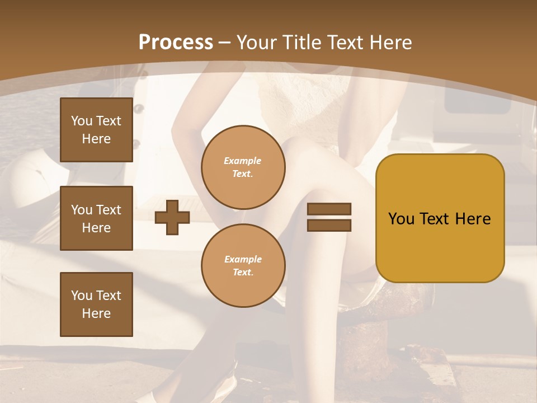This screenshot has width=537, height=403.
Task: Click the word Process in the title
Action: pyautogui.click(x=176, y=43)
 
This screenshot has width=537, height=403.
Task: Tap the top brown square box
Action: pyautogui.click(x=96, y=130)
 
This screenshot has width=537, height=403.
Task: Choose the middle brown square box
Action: pyautogui.click(x=96, y=218)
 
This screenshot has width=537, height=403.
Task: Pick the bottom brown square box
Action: pyautogui.click(x=96, y=304)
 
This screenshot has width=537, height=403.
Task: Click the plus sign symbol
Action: pyautogui.click(x=172, y=217)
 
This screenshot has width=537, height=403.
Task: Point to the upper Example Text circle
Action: pyautogui.click(x=243, y=167)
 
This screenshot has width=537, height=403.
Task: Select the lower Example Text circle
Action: pyautogui.click(x=243, y=266)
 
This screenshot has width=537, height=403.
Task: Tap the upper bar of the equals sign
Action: pyautogui.click(x=329, y=209)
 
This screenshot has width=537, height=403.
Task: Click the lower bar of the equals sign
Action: pyautogui.click(x=329, y=225)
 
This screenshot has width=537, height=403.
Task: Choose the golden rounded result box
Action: pyautogui.click(x=440, y=218)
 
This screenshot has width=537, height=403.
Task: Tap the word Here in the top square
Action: pyautogui.click(x=96, y=139)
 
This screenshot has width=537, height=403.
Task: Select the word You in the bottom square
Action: pyautogui.click(x=82, y=296)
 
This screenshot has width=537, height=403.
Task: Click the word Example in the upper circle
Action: pyautogui.click(x=243, y=161)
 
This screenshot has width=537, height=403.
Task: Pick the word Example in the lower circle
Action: pyautogui.click(x=243, y=259)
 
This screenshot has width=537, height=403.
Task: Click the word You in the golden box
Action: pyautogui.click(x=402, y=219)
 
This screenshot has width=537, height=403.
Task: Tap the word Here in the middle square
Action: pyautogui.click(x=96, y=228)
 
